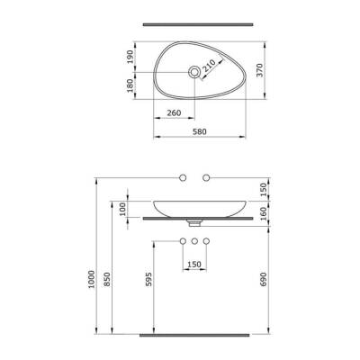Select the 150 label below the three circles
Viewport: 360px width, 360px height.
pyautogui.click(x=193, y=264)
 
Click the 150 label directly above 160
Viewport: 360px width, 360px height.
pyautogui.click(x=264, y=188)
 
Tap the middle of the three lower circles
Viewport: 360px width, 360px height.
pyautogui.click(x=193, y=242)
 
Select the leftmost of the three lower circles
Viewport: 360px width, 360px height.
pyautogui.click(x=180, y=242)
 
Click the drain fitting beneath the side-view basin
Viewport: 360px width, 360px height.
pyautogui.click(x=193, y=221)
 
